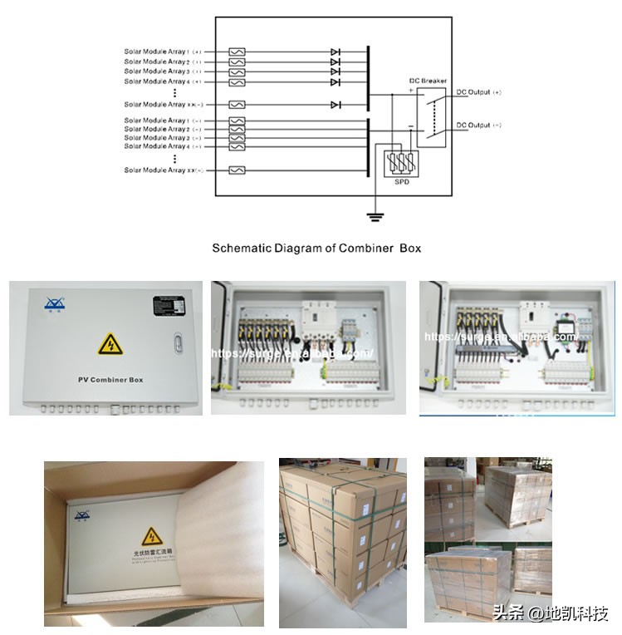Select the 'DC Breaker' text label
click(428, 81)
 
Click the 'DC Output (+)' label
click(478, 91)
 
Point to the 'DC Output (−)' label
click(478, 126)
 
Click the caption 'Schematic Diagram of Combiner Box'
click(316, 248)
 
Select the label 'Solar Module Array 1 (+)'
click(163, 52)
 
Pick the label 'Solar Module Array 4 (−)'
click(163, 146)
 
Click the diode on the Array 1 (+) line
click(335, 52)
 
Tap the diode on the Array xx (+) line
click(335, 105)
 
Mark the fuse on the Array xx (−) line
click(237, 170)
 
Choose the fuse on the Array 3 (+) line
click(237, 71)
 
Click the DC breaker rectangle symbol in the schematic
click(430, 116)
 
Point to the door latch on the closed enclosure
click(176, 342)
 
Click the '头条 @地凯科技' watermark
click(551, 614)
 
